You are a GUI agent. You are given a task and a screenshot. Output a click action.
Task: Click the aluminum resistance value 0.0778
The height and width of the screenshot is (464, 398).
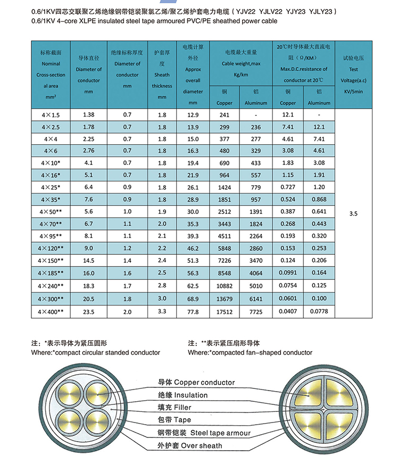(x=319, y=311)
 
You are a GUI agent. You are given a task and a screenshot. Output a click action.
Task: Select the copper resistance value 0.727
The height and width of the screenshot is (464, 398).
(x=288, y=187)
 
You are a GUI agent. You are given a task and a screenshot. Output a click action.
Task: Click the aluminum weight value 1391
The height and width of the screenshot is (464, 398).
(x=255, y=212)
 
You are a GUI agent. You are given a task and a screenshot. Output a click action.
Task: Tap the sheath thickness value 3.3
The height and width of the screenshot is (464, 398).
(x=162, y=311)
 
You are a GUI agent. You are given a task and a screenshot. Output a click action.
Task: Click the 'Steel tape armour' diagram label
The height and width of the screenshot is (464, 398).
(x=204, y=433)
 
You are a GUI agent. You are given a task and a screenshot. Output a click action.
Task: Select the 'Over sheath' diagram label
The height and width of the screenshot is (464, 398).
(x=190, y=445)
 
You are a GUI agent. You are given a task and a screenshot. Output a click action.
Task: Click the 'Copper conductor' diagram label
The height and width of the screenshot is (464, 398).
(x=196, y=383)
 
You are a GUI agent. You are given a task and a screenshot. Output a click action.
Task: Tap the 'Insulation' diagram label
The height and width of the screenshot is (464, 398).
(x=183, y=395)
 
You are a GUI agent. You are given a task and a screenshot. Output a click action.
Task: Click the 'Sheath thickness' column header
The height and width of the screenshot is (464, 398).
(x=162, y=75)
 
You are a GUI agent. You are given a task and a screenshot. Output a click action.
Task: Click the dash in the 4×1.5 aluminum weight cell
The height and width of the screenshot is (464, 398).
(x=255, y=115)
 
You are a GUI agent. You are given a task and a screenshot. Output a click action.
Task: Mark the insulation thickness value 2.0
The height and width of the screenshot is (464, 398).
(x=127, y=312)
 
